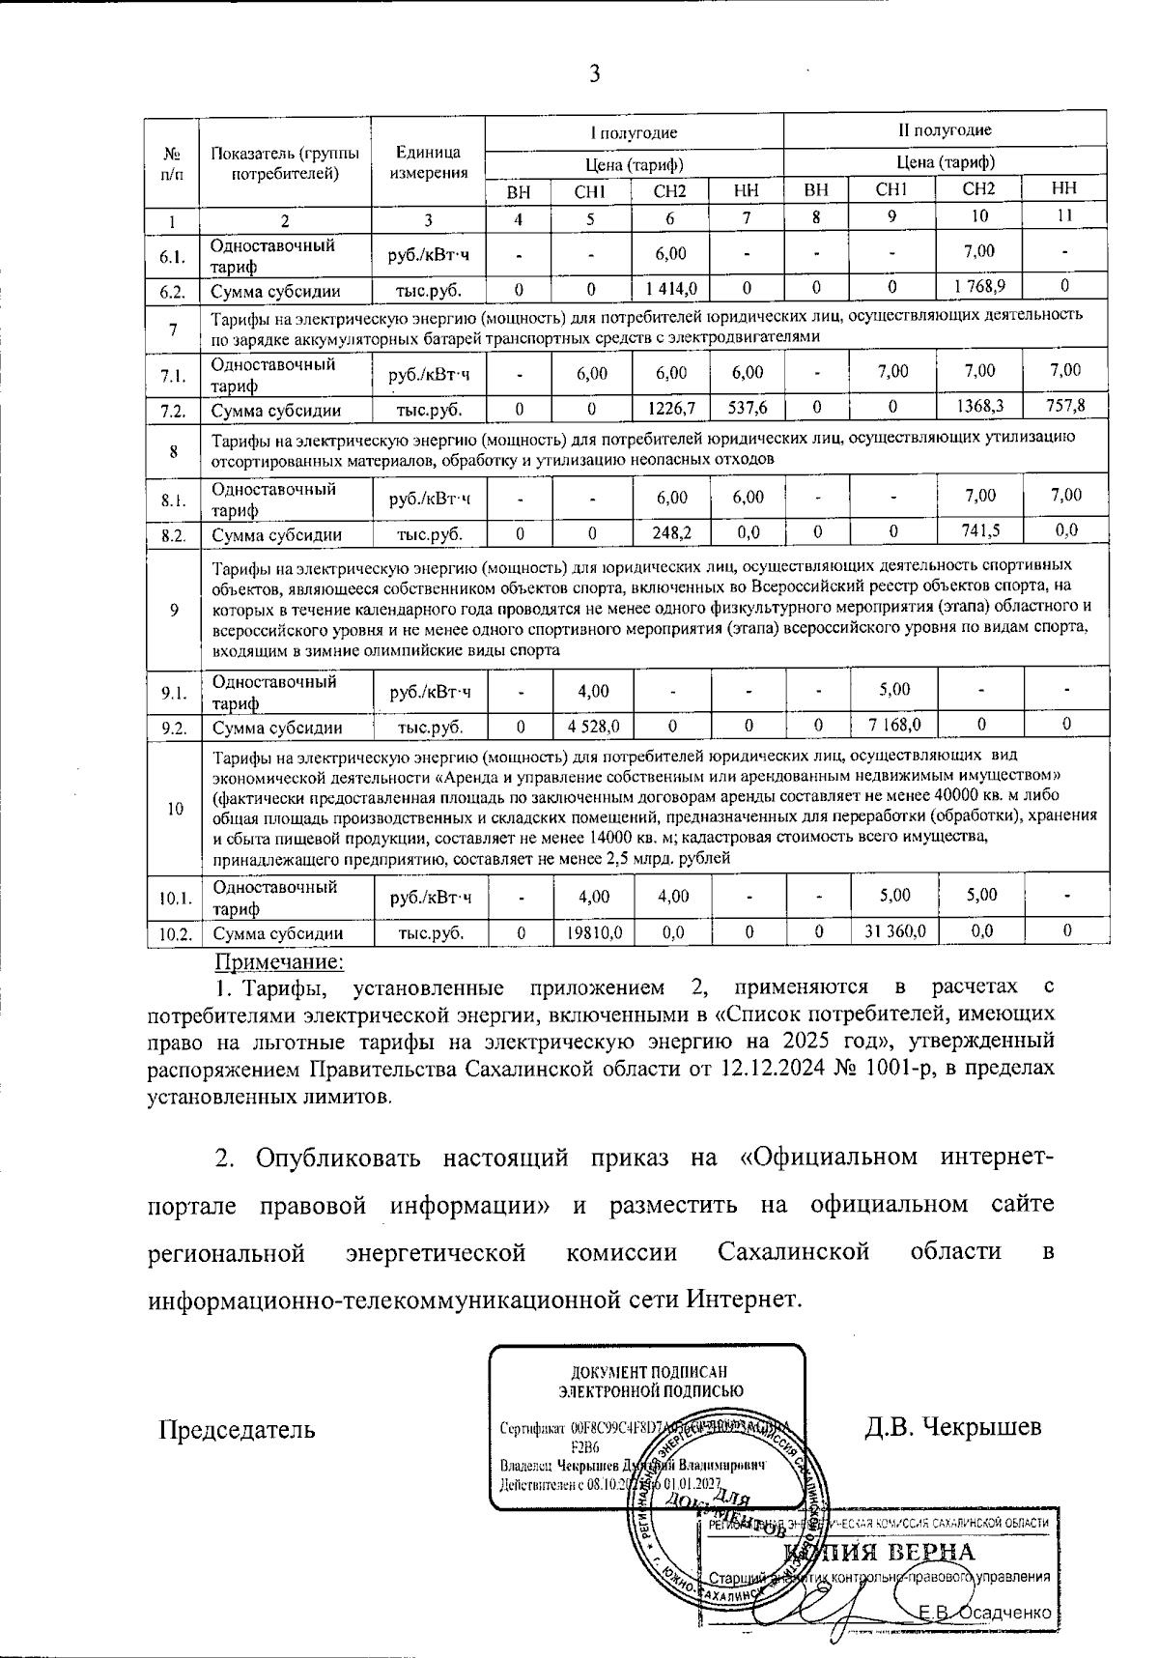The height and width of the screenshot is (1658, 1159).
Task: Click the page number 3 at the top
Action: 595,73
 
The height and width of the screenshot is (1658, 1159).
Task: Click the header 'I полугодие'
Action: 634,132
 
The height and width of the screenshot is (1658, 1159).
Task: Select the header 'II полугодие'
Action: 945,130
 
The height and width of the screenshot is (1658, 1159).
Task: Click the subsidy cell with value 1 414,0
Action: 670,288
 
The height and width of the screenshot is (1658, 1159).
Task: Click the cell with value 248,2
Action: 670,532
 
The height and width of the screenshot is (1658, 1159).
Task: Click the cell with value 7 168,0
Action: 891,724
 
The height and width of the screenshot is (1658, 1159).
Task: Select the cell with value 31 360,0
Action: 891,931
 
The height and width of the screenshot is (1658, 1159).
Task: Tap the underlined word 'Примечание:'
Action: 278,961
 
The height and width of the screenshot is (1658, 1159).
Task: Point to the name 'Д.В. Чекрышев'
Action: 952,1426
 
